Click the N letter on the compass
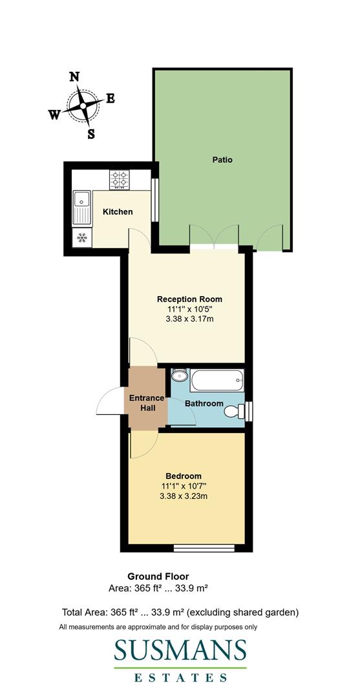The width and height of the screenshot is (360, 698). tap(74, 76)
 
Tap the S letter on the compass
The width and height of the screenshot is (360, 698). tap(91, 134)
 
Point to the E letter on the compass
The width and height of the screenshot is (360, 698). tap(111, 98)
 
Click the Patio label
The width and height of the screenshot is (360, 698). tap(222, 160)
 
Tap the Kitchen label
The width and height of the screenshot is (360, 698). tap(118, 212)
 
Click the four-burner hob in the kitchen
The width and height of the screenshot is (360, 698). tap(120, 179)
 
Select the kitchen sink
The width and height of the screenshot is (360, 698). tap(82, 205)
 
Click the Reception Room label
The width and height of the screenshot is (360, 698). tap(190, 299)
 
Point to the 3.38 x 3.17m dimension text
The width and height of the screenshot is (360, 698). tap(190, 320)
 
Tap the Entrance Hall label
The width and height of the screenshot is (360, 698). tap(146, 403)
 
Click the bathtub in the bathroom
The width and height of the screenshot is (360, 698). tap(217, 380)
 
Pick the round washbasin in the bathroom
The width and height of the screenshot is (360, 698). tap(179, 376)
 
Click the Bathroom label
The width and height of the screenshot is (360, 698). tap(204, 404)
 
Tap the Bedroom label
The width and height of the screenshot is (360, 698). tap(183, 476)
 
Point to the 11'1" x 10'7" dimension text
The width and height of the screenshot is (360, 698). tap(184, 486)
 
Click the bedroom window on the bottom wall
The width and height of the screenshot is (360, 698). tap(200, 549)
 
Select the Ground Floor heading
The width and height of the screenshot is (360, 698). tap(158, 576)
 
